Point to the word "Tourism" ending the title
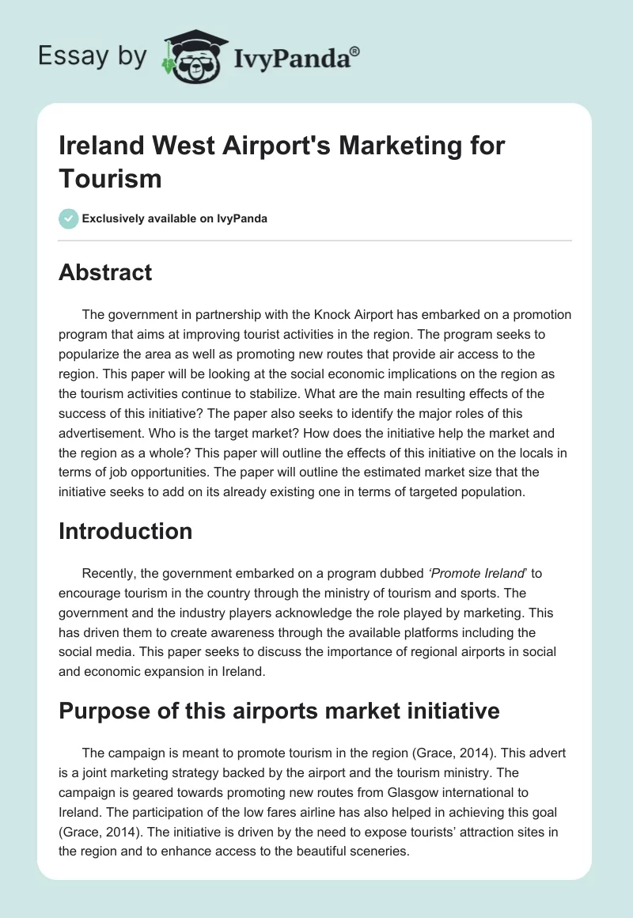[x=110, y=178]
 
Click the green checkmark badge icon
[x=69, y=218]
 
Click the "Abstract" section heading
[x=105, y=272]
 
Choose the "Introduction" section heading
[x=125, y=531]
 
